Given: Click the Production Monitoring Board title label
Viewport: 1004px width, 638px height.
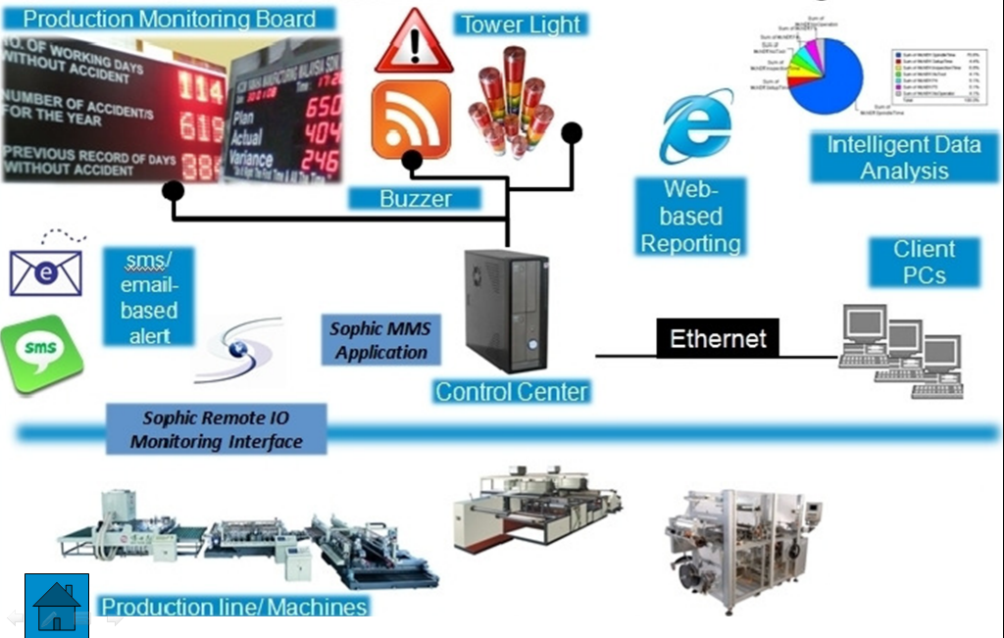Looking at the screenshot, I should tap(169, 19).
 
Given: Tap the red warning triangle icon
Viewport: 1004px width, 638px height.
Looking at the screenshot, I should tap(414, 43).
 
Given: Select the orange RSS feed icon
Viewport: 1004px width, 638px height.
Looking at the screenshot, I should tap(411, 120).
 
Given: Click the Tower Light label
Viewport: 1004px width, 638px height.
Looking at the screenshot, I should tap(521, 25).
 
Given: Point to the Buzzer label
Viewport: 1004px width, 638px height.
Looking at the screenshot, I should tap(416, 199).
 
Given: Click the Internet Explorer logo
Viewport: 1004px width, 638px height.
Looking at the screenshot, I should tap(696, 125).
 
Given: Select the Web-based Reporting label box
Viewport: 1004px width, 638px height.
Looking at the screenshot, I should tap(690, 216).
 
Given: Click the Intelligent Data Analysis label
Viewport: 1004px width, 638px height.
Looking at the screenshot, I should tap(904, 158).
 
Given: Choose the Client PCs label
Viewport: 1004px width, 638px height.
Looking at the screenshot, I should tap(924, 262).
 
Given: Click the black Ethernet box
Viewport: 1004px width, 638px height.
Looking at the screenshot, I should tap(718, 339).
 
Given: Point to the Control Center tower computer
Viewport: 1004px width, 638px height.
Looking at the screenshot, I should tap(506, 309).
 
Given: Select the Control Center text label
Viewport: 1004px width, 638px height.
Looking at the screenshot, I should tap(512, 392).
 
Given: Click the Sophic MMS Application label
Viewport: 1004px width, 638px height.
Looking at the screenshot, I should tap(380, 341).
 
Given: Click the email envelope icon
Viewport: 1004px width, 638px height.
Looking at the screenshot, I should tap(45, 270).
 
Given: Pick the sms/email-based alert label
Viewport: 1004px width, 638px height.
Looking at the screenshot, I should tap(149, 297).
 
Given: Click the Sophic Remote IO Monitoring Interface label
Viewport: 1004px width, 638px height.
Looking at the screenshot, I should tap(217, 430).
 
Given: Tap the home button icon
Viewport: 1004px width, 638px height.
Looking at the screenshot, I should tap(57, 606).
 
